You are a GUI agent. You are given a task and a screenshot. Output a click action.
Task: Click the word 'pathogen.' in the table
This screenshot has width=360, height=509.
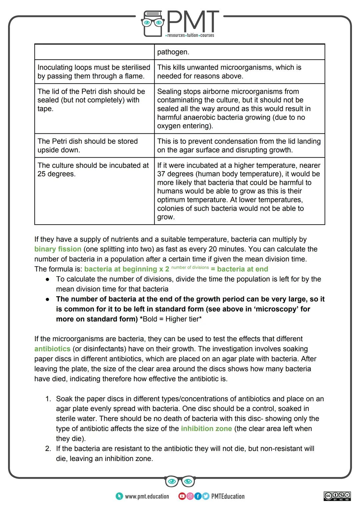tap(173, 52)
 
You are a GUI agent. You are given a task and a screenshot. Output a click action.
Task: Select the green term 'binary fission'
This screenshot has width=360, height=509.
tap(58, 249)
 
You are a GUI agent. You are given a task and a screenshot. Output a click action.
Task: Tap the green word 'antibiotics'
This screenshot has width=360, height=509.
tap(52, 349)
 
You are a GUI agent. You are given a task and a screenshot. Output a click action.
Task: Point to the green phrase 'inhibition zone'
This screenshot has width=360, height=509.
tap(206, 428)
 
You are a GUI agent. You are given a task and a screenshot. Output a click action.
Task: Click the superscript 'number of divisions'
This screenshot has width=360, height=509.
tap(190, 267)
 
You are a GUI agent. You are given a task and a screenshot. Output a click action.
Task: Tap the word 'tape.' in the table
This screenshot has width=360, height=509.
tap(45, 109)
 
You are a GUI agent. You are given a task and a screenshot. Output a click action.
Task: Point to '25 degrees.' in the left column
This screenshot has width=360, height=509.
tap(56, 174)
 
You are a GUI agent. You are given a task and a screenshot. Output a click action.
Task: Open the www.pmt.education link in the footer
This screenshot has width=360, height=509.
tap(147, 496)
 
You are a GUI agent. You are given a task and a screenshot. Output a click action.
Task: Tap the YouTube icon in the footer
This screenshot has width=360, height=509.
tap(182, 496)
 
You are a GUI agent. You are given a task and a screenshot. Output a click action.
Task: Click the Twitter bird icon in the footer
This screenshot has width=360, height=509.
tap(205, 496)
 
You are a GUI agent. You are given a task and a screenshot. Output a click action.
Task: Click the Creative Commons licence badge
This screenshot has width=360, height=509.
tap(337, 496)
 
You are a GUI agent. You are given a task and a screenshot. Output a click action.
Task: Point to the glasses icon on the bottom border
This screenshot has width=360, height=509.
tap(180, 481)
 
